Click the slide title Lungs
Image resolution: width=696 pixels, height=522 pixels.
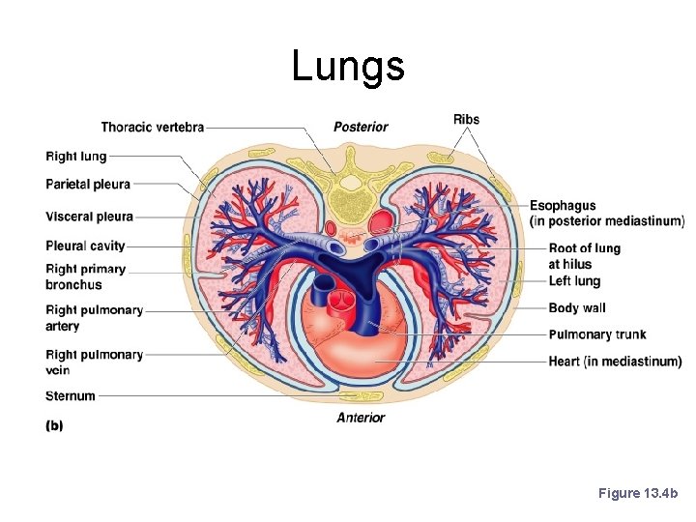[x=348, y=67]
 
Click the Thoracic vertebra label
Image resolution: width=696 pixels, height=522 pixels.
[x=152, y=128]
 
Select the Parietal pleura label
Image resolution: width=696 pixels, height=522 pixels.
[x=87, y=184]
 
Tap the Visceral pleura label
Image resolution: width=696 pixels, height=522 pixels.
[x=89, y=217]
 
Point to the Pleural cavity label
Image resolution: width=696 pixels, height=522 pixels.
[x=85, y=246]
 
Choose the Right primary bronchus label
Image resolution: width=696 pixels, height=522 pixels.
[x=85, y=276]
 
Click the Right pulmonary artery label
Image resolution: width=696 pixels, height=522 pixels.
[x=94, y=318]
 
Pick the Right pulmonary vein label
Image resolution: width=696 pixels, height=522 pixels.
[x=94, y=362]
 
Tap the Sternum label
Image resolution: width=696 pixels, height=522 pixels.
[x=71, y=395]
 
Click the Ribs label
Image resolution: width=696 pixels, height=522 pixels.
[x=466, y=120]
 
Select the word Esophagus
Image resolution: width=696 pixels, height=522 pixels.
[x=563, y=206]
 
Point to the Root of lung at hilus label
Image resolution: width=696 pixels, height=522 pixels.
[x=584, y=255]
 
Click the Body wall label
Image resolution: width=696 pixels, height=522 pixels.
[x=576, y=308]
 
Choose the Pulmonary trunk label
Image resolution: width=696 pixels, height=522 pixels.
[x=596, y=334]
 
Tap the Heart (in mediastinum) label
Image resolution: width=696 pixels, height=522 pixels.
[x=615, y=362]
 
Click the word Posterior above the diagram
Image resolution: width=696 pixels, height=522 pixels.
[x=361, y=127]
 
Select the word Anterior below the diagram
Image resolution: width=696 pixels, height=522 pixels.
[x=361, y=418]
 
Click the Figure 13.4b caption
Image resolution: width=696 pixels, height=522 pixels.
[x=638, y=493]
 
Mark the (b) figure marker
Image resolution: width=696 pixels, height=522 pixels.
[x=54, y=425]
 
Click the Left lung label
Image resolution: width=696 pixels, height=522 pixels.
[x=574, y=281]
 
